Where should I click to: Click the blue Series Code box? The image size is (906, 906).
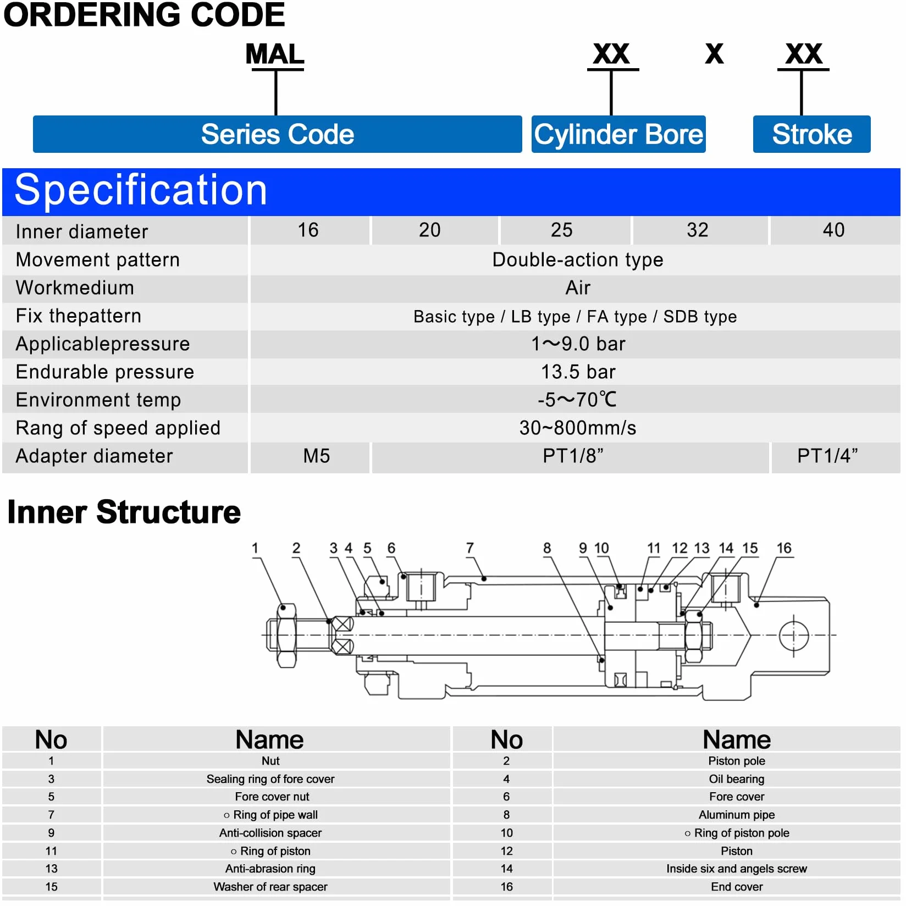tap(277, 134)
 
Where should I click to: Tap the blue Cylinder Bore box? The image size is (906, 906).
tap(618, 134)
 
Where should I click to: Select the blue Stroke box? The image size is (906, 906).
tap(812, 134)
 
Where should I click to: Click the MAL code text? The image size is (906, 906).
tap(275, 54)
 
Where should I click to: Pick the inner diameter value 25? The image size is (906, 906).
tap(562, 230)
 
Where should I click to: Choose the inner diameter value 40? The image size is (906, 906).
tap(833, 230)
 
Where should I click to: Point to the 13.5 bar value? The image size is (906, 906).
tap(578, 372)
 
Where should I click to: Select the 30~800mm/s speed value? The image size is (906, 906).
tap(578, 428)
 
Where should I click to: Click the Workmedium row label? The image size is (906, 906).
tap(75, 288)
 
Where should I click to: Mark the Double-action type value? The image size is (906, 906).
tap(578, 259)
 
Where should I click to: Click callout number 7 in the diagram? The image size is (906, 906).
tap(470, 548)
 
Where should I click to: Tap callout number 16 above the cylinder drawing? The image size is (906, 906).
tap(784, 548)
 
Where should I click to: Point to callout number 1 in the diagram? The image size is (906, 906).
tap(255, 548)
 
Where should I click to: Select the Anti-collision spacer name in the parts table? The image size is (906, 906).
tap(270, 833)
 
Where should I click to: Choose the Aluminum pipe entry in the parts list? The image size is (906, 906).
tap(737, 815)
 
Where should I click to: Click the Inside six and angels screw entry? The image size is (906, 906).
tap(737, 869)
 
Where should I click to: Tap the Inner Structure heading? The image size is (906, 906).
tap(124, 512)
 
